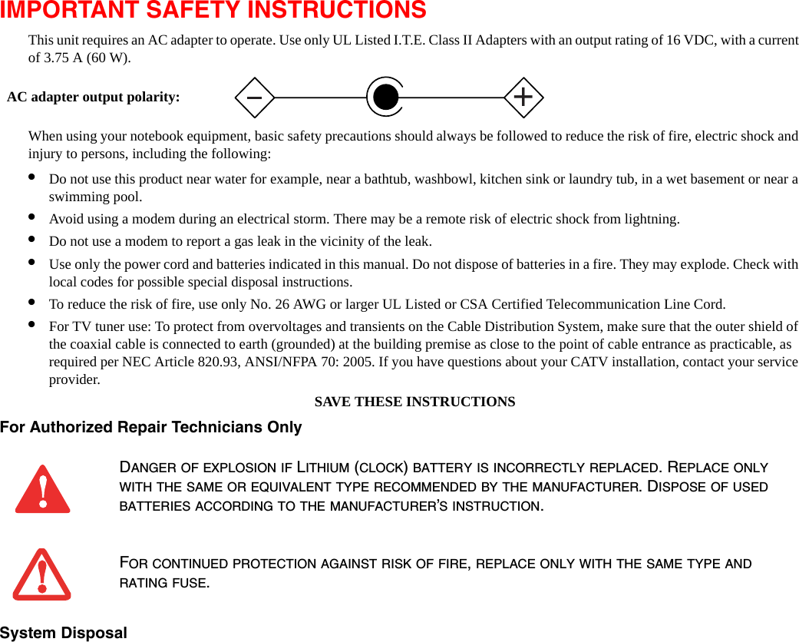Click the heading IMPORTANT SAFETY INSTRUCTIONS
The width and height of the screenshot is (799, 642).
pos(213,11)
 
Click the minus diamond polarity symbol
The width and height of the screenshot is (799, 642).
pos(254,98)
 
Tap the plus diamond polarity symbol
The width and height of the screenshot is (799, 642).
pos(523,98)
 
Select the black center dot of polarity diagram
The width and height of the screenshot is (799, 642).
pos(385,98)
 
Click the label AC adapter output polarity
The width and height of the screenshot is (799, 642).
pos(94,98)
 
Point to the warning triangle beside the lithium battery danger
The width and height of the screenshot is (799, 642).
pos(43,489)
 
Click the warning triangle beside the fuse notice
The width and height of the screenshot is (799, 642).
pos(42,574)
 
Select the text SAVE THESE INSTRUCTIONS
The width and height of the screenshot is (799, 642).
pos(414,402)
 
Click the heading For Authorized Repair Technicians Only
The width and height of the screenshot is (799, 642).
pos(151,427)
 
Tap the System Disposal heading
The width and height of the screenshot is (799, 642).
pos(64,633)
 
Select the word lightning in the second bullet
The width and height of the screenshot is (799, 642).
pos(650,219)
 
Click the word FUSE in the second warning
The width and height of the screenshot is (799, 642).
pos(193,582)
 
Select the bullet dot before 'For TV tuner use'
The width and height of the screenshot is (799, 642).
pos(31,324)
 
